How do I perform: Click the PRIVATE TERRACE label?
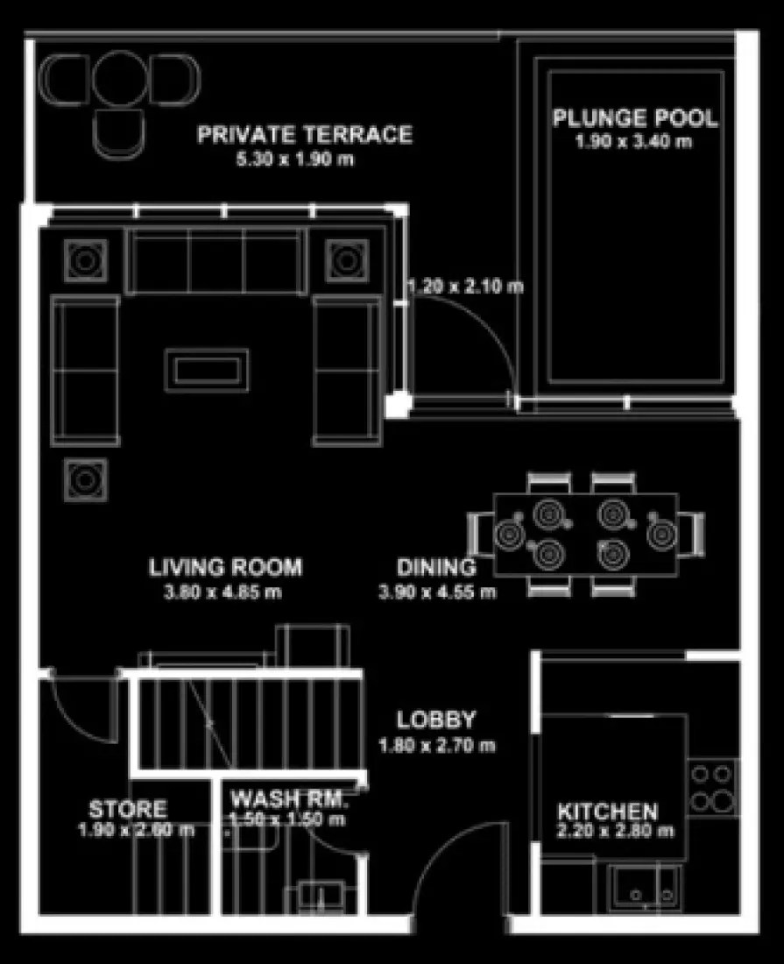point(304,135)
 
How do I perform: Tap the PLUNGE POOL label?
point(634,118)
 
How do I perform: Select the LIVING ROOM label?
point(225,567)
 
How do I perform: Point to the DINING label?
point(436,567)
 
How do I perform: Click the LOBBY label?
point(436,720)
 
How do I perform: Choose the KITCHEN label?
point(608,811)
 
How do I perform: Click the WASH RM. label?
point(289,799)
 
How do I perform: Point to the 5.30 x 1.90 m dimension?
point(297,159)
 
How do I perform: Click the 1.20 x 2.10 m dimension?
point(466,287)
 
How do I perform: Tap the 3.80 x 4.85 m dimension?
point(223,592)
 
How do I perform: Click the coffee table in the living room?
point(208,370)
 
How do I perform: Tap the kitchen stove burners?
point(712,787)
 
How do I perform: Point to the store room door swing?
point(81,708)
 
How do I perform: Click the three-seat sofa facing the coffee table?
point(216,261)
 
